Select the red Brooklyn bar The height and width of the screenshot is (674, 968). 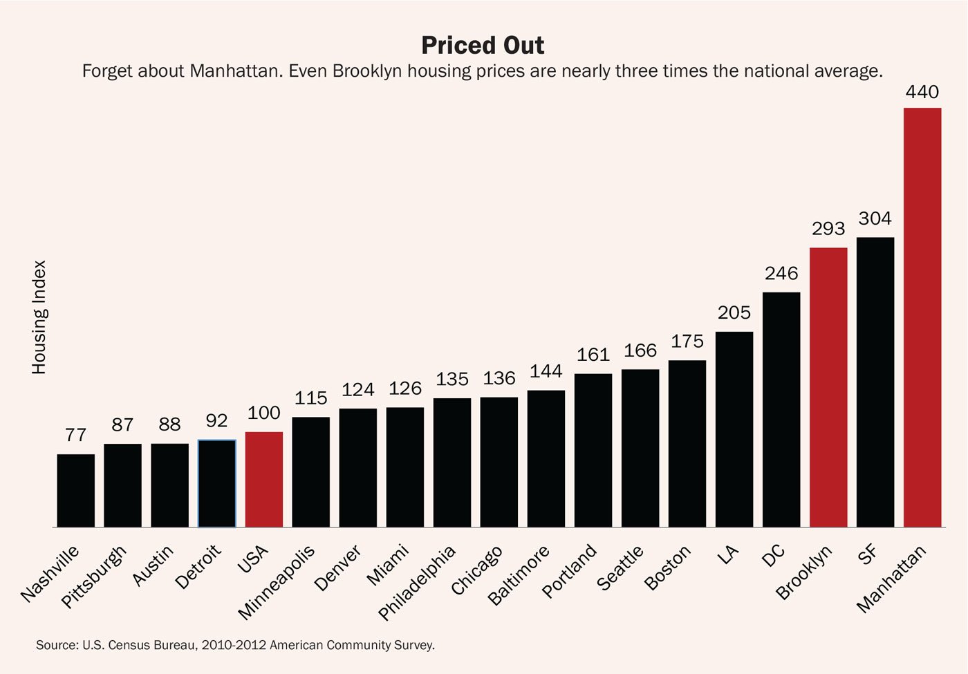(828, 387)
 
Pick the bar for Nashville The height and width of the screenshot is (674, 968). (76, 490)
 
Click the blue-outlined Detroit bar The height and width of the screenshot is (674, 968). (217, 483)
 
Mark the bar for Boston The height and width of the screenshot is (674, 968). (687, 443)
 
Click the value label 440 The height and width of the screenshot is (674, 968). (922, 92)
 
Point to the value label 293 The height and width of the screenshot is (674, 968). (828, 229)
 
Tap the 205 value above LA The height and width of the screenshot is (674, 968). (734, 313)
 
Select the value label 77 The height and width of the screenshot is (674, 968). (76, 436)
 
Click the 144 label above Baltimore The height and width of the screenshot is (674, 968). (546, 372)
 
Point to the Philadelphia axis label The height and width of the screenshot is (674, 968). (417, 583)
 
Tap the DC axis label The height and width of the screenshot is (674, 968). (774, 554)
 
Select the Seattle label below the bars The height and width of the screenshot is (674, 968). (620, 568)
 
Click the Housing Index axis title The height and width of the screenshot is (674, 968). (39, 317)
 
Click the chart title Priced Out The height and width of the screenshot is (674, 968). (483, 46)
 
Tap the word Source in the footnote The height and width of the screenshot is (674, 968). (57, 645)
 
